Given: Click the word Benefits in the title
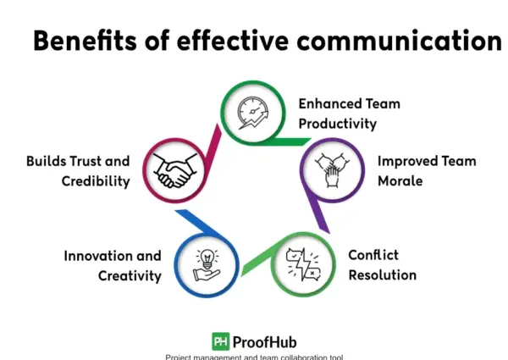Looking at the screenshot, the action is tap(85, 41).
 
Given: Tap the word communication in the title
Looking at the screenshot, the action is tap(399, 41).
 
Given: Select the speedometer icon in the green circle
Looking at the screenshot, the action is tap(253, 113).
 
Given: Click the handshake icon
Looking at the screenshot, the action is tap(175, 170).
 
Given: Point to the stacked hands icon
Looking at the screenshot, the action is tap(332, 170).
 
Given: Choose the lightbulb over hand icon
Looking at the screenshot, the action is tap(207, 265).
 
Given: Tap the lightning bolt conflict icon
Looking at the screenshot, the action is tap(303, 264).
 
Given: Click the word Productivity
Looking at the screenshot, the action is tap(338, 124).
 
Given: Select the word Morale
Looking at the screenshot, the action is tap(400, 180).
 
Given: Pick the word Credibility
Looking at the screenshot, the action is tap(96, 181).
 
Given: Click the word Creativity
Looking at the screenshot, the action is tap(130, 276).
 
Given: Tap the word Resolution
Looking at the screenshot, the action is tap(383, 275).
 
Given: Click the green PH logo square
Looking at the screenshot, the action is tap(221, 341).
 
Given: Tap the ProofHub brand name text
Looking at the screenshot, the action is tap(264, 342).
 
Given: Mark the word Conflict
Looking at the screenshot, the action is tap(373, 255).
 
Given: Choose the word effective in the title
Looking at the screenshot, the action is tap(232, 41).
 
